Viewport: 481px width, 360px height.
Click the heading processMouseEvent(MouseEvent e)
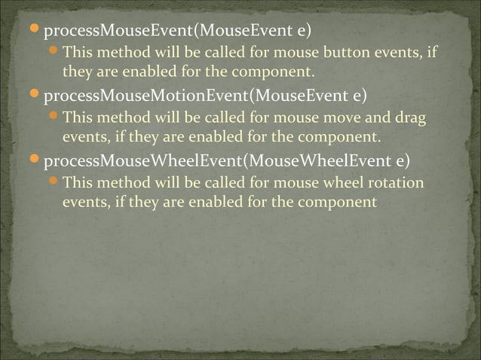click(177, 33)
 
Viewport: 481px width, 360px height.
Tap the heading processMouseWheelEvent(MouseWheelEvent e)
click(227, 162)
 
